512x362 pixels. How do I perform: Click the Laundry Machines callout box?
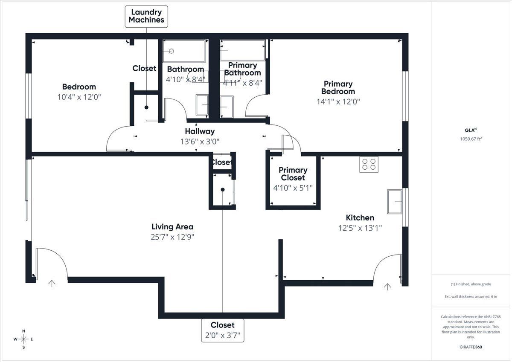146,17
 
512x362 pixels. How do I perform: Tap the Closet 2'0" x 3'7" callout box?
223,330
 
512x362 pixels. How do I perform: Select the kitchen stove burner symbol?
369,164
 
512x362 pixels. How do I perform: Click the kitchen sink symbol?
395,202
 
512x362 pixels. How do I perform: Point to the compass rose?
23,339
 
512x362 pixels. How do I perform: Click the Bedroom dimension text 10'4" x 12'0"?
79,97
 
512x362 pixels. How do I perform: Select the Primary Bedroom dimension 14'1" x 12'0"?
338,101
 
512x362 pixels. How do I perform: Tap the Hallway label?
200,131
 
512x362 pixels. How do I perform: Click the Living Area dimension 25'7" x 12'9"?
172,237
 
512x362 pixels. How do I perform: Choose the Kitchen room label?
360,217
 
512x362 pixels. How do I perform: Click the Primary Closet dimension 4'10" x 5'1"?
293,188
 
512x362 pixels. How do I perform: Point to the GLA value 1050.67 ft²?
471,139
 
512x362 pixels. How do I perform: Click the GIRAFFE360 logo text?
471,347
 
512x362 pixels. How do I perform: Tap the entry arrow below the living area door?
52,284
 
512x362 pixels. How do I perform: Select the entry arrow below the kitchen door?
387,287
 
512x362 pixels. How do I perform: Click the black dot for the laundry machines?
146,107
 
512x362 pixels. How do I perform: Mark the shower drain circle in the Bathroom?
171,51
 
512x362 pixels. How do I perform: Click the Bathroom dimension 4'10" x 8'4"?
186,79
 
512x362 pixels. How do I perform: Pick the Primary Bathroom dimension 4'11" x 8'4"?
242,83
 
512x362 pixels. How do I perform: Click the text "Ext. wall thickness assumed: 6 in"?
471,296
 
